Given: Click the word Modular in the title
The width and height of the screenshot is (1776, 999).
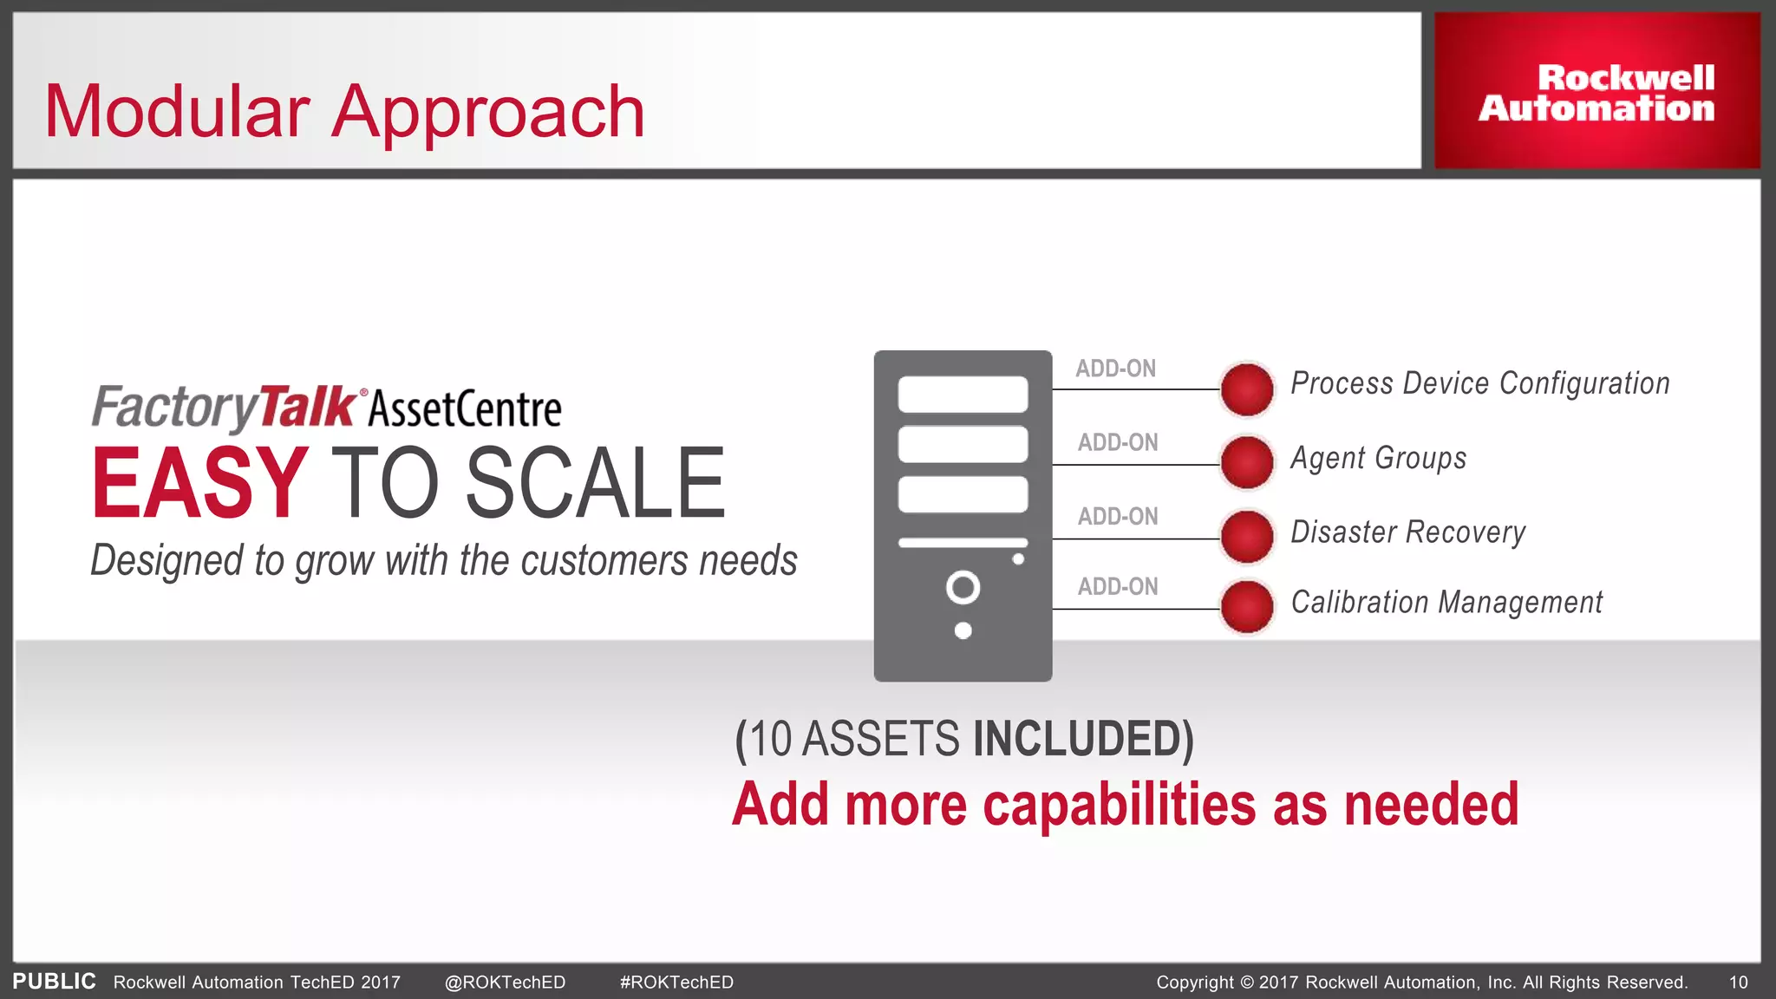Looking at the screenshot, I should [177, 112].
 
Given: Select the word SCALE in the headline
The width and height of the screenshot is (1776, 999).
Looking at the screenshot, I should [595, 483].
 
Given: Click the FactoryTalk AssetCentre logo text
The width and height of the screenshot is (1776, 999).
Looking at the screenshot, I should [326, 408].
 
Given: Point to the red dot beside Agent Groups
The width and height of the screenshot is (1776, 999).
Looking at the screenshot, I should [1246, 462].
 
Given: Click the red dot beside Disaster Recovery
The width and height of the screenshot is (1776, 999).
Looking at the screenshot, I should [1246, 536].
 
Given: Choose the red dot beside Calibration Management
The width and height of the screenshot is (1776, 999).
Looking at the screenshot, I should [1246, 606].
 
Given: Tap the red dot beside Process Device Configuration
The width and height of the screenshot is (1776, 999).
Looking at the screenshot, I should [1246, 388].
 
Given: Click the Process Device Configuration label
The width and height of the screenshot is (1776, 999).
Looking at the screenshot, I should [1479, 383].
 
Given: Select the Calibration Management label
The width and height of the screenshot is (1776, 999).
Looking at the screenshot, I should [1446, 602].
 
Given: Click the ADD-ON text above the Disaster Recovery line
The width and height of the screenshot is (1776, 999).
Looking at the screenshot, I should [1118, 516].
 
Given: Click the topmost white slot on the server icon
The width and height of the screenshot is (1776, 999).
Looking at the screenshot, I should [963, 395].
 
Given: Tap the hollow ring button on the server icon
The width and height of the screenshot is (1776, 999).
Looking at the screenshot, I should [963, 587].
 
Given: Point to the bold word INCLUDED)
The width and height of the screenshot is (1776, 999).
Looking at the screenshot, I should [1083, 740].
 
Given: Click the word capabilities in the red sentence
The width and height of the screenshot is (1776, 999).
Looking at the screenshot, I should [1119, 805].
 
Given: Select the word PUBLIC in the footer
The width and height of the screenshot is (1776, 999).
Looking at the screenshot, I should [54, 981].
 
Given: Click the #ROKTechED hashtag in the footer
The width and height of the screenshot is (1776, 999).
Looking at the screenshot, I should [676, 982].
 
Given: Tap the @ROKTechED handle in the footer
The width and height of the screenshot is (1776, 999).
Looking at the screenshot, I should [505, 982].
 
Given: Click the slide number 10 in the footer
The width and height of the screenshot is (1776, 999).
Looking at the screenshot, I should [1738, 982].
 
